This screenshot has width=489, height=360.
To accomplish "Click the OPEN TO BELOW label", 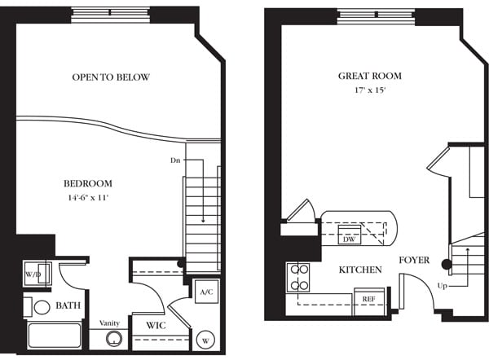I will coord(111,77).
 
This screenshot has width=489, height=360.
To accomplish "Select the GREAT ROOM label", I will coord(370,76).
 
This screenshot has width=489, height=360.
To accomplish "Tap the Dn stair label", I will coord(174,160).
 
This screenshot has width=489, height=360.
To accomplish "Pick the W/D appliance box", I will coord(33,274).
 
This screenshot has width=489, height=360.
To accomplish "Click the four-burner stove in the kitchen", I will coord(300,277).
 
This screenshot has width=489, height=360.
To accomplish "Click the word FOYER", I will coord(415,261).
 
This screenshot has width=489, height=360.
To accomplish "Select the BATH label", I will coord(68,305).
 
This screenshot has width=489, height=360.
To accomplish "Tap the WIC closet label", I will coord(156,326).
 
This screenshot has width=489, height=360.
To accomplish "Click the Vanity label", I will coord(111,323).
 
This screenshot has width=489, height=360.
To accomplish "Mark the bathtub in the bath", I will coord(54,336).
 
